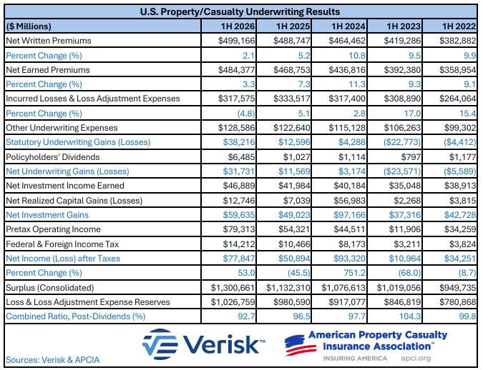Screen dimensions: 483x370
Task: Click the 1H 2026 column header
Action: click(238, 26)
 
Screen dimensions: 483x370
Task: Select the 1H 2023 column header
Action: click(404, 26)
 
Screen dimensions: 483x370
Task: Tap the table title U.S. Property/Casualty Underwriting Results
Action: click(240, 11)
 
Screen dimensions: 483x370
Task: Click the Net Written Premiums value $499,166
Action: click(237, 41)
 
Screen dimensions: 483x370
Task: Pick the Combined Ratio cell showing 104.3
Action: click(410, 316)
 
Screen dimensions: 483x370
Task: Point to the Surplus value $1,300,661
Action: click(233, 288)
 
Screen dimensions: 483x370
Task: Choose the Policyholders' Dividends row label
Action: click(53, 157)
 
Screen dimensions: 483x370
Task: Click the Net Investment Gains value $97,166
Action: click(350, 215)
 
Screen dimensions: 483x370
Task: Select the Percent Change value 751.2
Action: click(354, 273)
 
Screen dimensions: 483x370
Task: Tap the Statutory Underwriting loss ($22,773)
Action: click(402, 142)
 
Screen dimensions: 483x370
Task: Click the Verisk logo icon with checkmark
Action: click(160, 344)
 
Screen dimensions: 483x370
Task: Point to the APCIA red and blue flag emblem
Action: click(300, 345)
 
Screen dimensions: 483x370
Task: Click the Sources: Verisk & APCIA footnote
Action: click(53, 360)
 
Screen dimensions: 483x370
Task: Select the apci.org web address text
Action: click(416, 359)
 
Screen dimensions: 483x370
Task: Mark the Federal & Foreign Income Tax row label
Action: click(62, 244)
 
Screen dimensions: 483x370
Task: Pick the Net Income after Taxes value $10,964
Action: click(405, 259)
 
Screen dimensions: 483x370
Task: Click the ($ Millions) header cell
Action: click(29, 26)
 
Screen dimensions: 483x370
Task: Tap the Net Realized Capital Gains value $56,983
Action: click(350, 201)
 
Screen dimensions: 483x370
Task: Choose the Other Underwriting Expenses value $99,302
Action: click(460, 128)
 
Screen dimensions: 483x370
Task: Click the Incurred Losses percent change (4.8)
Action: click(246, 114)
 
